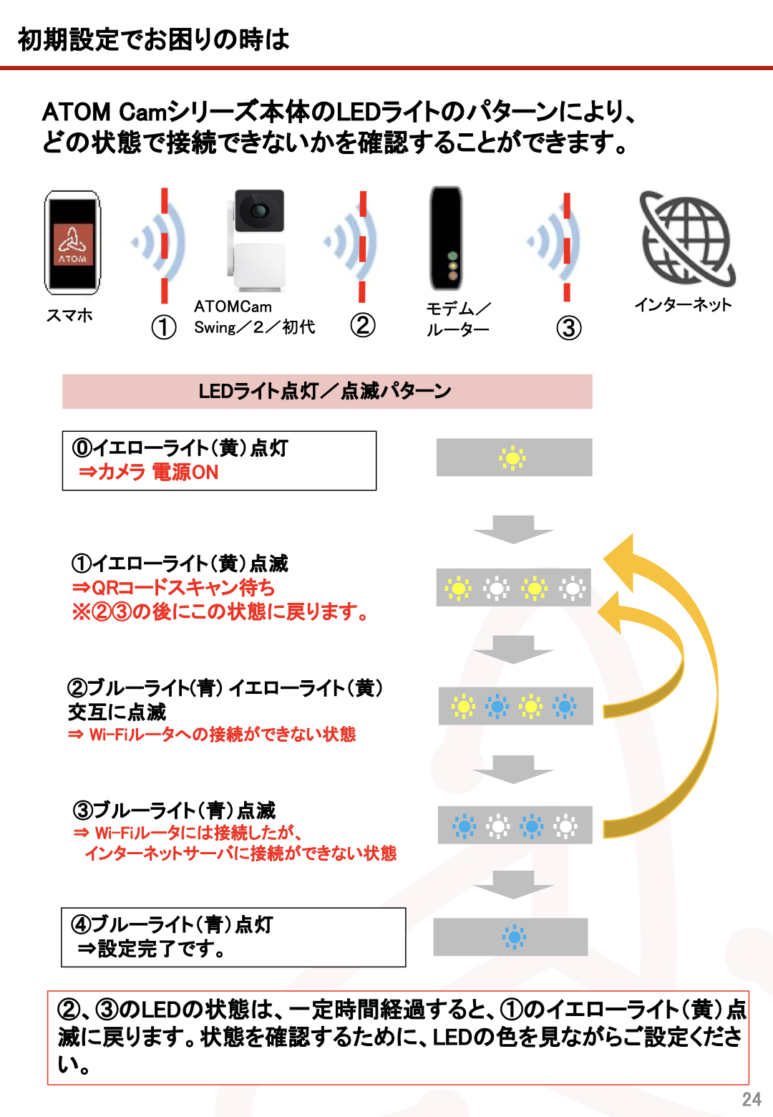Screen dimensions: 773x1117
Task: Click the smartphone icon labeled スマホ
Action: (72, 242)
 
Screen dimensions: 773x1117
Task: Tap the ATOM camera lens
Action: (258, 211)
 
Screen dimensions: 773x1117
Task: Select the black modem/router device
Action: (446, 238)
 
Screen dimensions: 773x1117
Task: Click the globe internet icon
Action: (688, 238)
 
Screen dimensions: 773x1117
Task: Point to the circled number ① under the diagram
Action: (163, 327)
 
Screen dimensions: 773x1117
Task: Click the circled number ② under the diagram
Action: (362, 325)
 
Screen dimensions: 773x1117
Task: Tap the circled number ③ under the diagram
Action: (569, 328)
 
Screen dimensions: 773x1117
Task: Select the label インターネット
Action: (683, 304)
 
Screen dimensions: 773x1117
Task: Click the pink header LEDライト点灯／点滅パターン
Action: (327, 392)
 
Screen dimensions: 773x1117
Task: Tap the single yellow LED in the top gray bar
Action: (512, 458)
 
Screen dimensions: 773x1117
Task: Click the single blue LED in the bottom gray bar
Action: (514, 937)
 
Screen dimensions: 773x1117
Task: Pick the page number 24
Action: (752, 1100)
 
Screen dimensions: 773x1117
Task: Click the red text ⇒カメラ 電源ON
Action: (149, 472)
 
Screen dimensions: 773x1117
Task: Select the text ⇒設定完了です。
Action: (152, 949)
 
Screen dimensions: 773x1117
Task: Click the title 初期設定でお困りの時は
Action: (153, 39)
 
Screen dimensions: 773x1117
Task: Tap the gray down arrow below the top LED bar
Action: (513, 529)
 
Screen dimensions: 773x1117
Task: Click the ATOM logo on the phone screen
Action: (73, 244)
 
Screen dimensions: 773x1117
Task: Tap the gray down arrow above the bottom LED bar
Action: (513, 884)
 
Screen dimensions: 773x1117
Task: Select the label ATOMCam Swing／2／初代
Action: (255, 317)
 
